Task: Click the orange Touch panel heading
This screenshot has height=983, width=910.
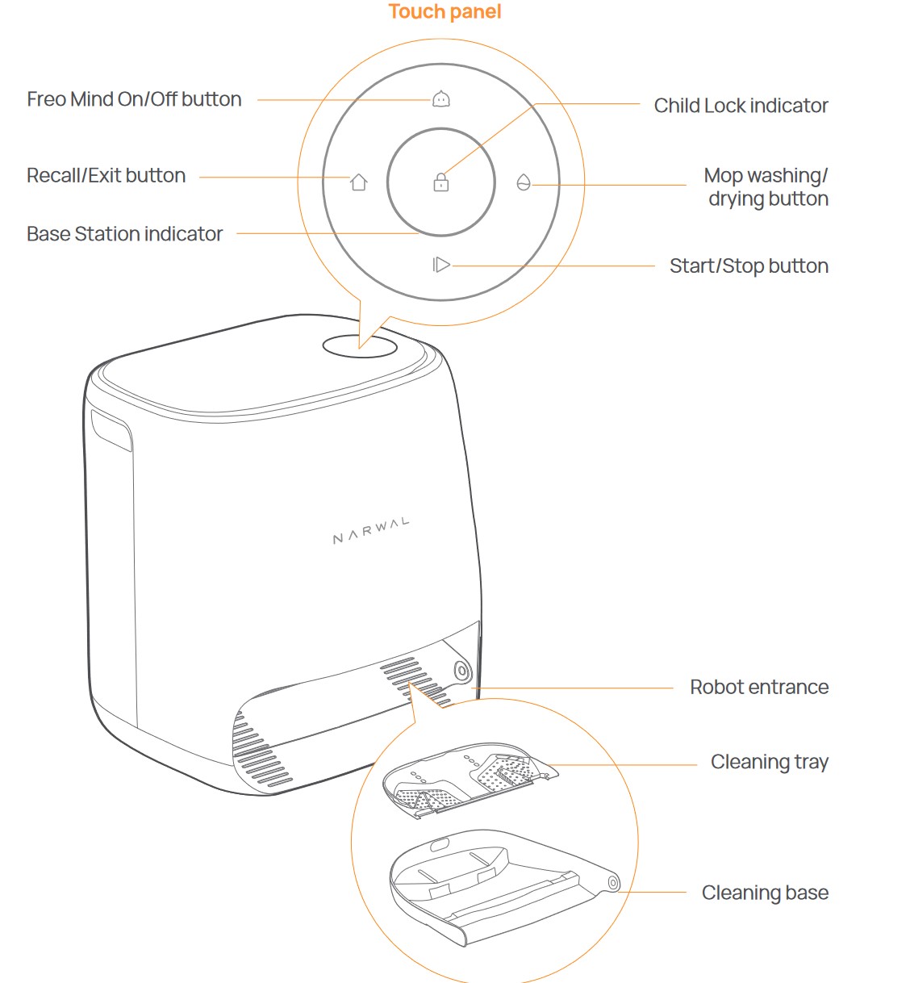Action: pos(445,12)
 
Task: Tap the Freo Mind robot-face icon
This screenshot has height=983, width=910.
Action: pos(440,99)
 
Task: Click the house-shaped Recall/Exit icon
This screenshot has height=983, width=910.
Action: pos(359,182)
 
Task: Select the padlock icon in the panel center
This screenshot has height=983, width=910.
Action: pos(440,182)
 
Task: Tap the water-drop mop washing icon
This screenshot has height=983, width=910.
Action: pos(524,182)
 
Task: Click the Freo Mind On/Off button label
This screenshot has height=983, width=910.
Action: pos(134,99)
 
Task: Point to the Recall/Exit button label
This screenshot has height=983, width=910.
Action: pos(106,176)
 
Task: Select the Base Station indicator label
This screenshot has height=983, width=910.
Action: pos(124,234)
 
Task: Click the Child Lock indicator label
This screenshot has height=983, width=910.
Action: pos(741,106)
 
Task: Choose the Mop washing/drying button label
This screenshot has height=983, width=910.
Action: pos(766,187)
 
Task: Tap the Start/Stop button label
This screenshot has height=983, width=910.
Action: pos(749,266)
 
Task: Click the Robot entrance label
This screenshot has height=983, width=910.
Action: pos(759,688)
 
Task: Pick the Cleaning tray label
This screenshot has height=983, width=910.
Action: pos(769,762)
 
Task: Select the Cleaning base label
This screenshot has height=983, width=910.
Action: pos(765,893)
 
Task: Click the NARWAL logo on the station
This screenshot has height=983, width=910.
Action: pos(371,531)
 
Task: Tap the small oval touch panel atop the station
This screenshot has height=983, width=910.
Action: pos(360,346)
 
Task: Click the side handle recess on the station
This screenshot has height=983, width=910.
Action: pos(111,430)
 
